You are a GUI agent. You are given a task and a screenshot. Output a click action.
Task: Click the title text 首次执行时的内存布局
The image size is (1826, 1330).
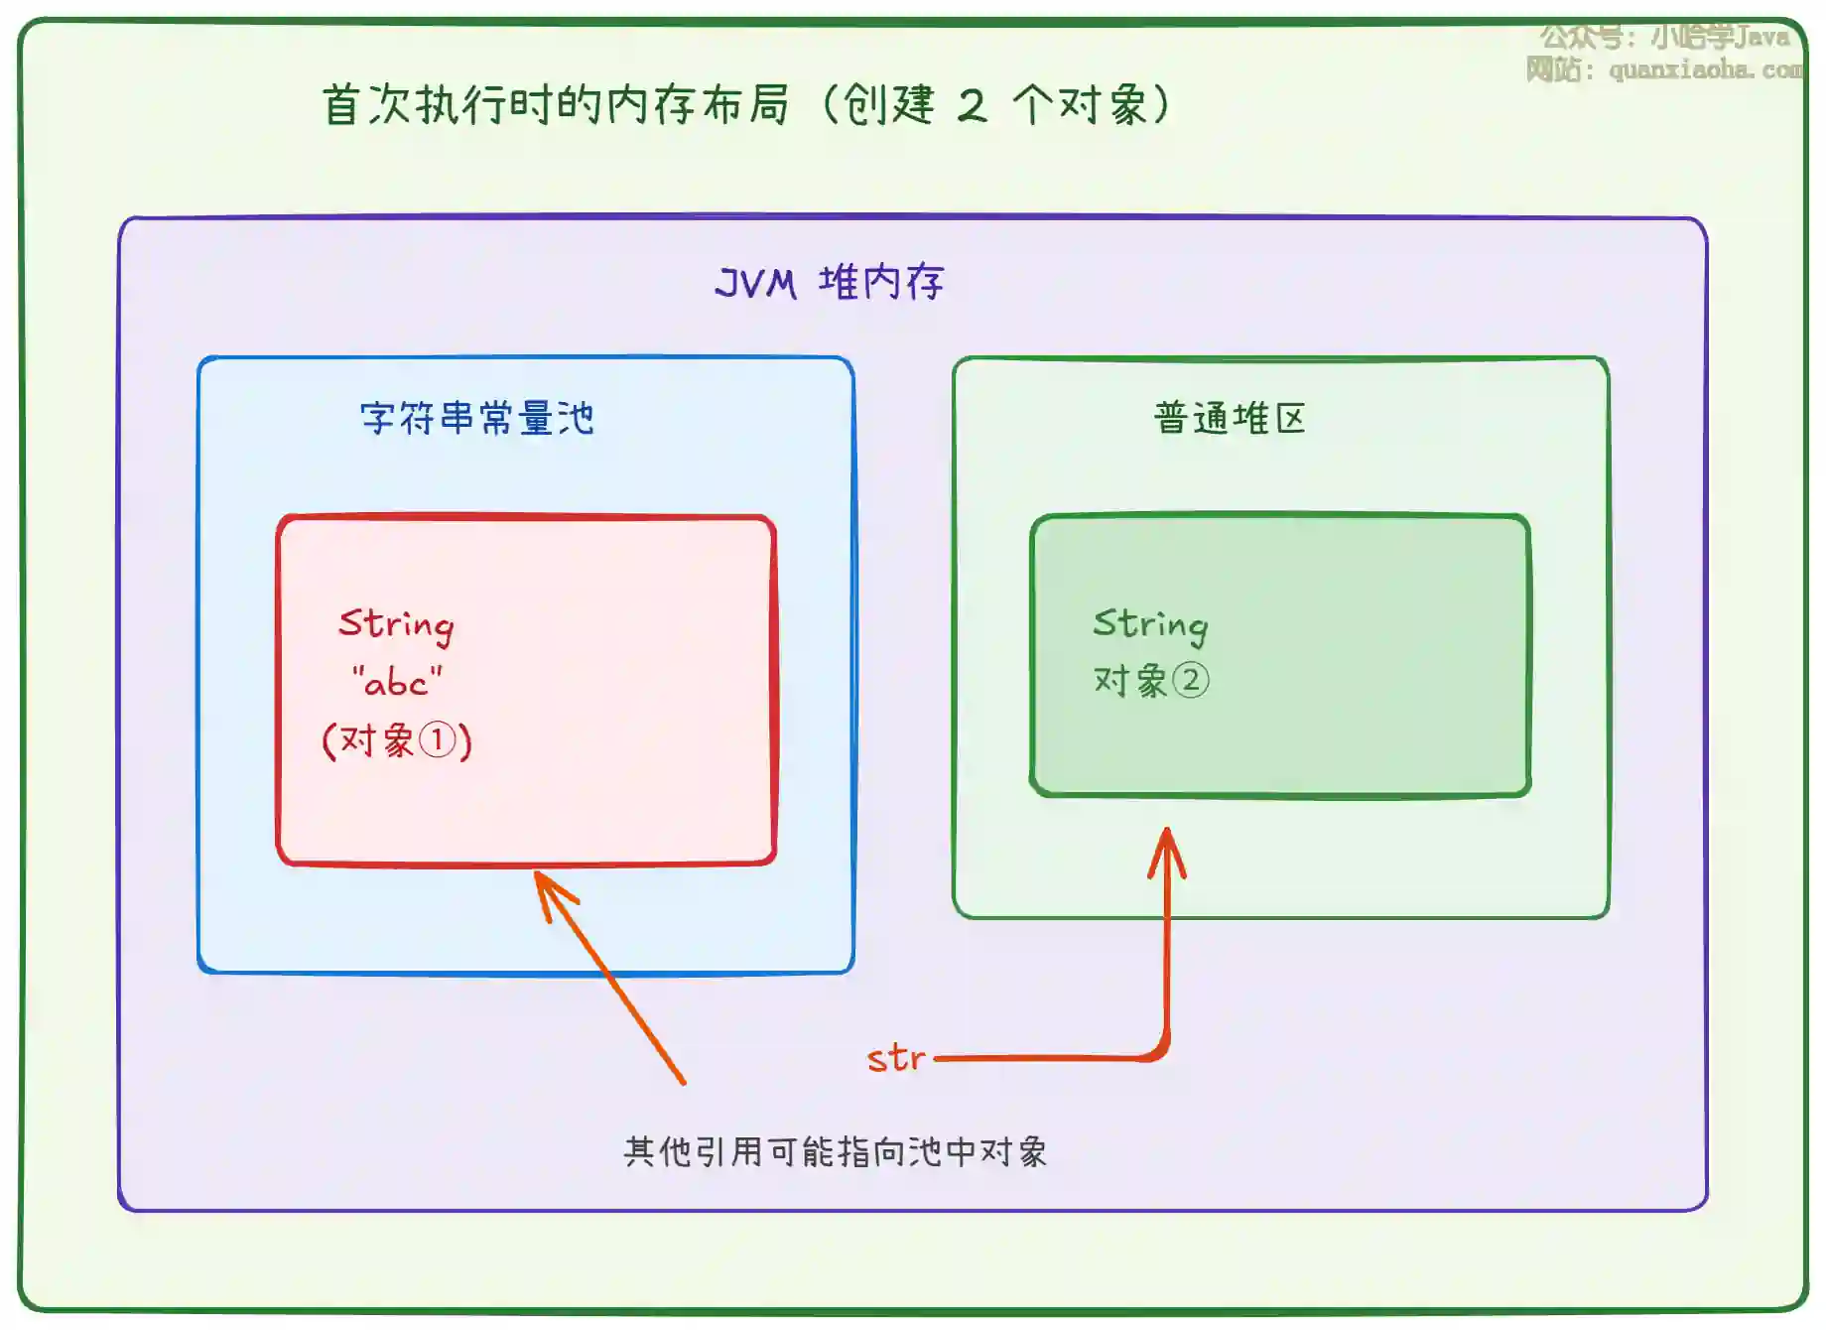pyautogui.click(x=556, y=104)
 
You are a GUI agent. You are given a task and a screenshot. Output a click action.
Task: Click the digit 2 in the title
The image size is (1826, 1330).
pyautogui.click(x=972, y=105)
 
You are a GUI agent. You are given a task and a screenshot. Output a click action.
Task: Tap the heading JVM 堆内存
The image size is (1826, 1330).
pyautogui.click(x=829, y=283)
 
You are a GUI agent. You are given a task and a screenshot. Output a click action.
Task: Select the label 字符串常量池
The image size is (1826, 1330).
pyautogui.click(x=476, y=418)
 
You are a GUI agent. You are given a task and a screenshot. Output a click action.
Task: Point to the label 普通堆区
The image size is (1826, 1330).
pyautogui.click(x=1230, y=418)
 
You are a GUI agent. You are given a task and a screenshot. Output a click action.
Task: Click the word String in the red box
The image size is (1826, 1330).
pyautogui.click(x=396, y=624)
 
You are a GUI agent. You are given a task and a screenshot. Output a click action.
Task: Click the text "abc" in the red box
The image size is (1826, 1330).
pyautogui.click(x=397, y=683)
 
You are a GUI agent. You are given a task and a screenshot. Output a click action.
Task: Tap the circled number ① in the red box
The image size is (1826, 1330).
pyautogui.click(x=437, y=740)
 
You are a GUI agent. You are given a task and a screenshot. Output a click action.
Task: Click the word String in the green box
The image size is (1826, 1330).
pyautogui.click(x=1150, y=624)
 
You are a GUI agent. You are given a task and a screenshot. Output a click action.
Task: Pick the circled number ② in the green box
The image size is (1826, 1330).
pyautogui.click(x=1190, y=681)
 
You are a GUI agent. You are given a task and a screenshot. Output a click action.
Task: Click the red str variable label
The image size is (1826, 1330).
pyautogui.click(x=895, y=1058)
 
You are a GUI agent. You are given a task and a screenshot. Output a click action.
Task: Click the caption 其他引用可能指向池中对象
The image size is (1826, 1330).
pyautogui.click(x=835, y=1151)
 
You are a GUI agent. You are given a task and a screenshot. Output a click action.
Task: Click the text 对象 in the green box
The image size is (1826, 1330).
pyautogui.click(x=1130, y=681)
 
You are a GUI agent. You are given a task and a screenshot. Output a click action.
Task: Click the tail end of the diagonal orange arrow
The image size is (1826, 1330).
pyautogui.click(x=683, y=1081)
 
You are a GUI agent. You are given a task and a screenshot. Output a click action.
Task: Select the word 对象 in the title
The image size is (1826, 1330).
pyautogui.click(x=1103, y=105)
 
